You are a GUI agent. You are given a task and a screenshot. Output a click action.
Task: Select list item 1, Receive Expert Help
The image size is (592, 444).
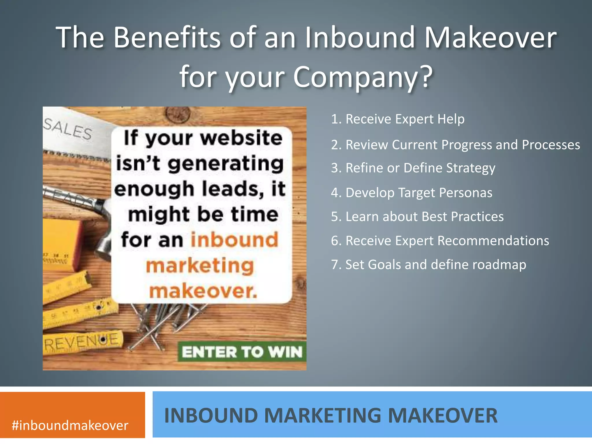click(398, 119)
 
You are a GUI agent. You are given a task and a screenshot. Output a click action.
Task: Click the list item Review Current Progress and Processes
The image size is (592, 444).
click(455, 145)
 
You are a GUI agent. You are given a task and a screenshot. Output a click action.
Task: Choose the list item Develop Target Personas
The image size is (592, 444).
click(411, 193)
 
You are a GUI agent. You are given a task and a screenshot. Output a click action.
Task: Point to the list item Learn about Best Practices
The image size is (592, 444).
click(417, 217)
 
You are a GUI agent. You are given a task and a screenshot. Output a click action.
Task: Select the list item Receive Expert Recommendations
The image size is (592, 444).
click(440, 241)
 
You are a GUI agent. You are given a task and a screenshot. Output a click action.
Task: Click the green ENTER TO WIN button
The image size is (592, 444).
click(242, 352)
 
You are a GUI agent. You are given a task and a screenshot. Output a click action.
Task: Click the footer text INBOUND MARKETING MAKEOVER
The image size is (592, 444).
click(331, 416)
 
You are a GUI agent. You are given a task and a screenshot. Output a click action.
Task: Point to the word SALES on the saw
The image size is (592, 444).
click(68, 129)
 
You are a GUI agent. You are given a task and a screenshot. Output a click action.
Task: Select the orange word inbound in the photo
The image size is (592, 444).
click(234, 240)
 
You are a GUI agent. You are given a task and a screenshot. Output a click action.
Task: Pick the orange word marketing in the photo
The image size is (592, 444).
click(200, 265)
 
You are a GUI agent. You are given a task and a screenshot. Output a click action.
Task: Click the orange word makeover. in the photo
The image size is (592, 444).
click(203, 291)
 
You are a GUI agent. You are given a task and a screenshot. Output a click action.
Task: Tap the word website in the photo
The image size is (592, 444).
click(241, 138)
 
